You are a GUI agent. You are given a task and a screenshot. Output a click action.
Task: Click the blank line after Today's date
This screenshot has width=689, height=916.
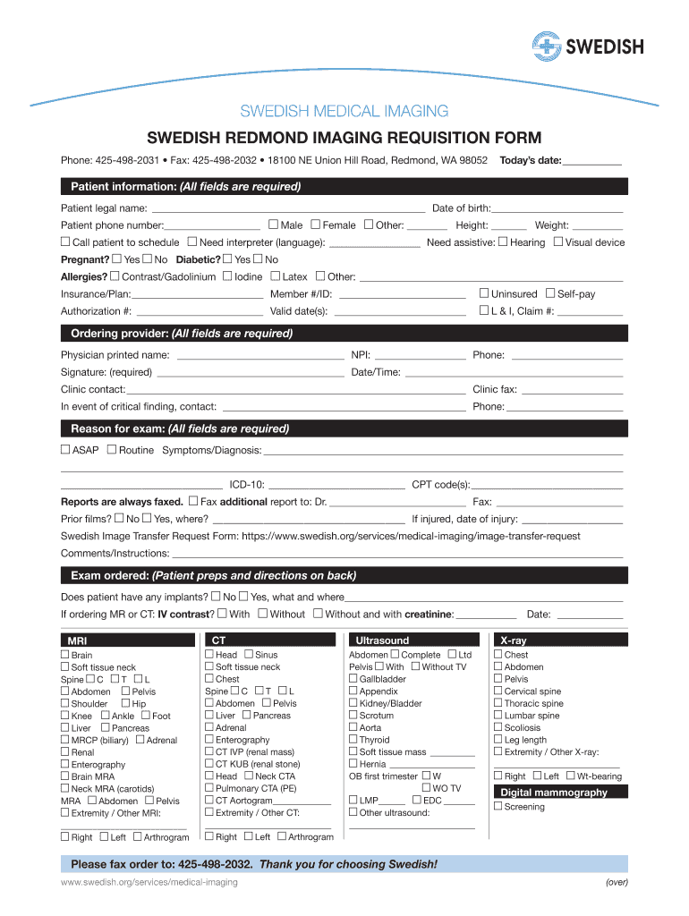(593, 161)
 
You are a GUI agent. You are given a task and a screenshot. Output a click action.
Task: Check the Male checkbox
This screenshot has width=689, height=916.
(273, 225)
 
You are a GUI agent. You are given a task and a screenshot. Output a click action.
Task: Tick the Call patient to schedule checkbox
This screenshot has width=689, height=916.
(65, 242)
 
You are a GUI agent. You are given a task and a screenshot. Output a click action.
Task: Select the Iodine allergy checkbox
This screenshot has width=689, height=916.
(227, 276)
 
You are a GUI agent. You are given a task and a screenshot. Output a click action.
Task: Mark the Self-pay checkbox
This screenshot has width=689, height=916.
(549, 293)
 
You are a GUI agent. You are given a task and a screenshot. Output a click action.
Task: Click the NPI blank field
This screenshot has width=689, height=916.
(420, 355)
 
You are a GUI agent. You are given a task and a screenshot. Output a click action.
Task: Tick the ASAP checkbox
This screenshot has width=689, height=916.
(65, 449)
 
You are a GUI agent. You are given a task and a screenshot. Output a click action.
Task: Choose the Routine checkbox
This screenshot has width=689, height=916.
(112, 449)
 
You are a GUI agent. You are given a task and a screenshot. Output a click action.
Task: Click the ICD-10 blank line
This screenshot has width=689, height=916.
(336, 485)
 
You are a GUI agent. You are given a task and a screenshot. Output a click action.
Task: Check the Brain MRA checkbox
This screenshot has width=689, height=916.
(65, 776)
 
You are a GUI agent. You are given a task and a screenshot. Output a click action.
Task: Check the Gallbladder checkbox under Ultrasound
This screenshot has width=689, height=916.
(353, 679)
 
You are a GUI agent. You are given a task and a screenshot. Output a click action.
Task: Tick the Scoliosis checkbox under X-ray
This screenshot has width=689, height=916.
(498, 727)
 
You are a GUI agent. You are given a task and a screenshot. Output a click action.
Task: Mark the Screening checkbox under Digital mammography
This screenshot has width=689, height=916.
(498, 806)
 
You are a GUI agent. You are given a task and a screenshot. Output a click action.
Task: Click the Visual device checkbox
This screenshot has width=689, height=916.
(558, 242)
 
